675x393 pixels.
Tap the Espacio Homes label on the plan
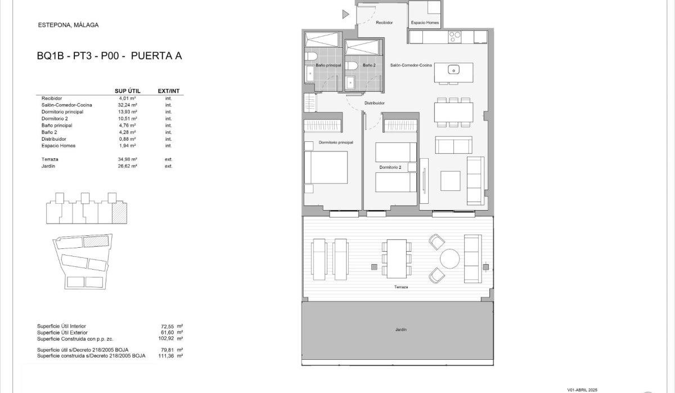[425, 23]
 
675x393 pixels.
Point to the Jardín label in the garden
[400, 330]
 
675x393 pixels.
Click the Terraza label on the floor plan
[400, 287]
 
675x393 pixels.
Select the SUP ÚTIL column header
[127, 91]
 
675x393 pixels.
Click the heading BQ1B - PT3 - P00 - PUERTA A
[110, 56]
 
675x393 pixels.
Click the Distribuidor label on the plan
[374, 103]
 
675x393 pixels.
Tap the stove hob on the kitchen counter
[454, 37]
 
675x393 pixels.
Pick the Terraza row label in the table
[51, 159]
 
